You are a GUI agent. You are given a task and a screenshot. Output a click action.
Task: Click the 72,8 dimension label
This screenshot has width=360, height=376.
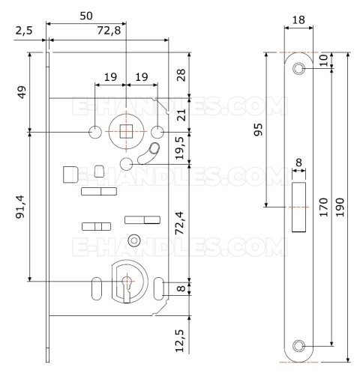[109, 31]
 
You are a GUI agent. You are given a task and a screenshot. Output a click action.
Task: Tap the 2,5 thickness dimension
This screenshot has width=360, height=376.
[24, 31]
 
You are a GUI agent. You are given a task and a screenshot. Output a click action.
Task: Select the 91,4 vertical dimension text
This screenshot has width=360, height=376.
[20, 207]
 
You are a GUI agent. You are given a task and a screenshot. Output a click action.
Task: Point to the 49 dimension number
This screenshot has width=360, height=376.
[22, 92]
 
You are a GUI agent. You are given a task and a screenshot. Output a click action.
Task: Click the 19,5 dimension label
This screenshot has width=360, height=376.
[180, 148]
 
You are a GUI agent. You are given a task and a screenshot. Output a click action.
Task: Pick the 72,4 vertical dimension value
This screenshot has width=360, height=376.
[180, 223]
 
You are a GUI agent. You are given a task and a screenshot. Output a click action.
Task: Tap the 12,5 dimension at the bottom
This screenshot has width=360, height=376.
[180, 341]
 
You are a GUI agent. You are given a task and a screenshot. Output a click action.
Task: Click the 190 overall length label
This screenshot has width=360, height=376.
[340, 207]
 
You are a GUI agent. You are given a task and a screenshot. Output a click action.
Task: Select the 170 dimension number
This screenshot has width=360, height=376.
[323, 207]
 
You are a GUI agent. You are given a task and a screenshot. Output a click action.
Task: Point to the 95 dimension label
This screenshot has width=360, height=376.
[258, 130]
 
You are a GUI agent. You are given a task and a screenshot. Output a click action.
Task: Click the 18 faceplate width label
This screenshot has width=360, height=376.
[298, 20]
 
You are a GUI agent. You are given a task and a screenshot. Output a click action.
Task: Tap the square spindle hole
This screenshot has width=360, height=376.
[126, 132]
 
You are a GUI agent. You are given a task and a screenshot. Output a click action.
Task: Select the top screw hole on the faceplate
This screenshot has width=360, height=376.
[298, 68]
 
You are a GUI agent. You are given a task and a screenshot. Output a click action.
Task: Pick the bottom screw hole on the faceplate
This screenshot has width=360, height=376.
[298, 347]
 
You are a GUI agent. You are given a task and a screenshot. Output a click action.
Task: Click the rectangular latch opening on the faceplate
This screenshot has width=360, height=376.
[298, 207]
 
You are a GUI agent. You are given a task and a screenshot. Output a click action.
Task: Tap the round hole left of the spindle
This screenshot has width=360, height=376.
[95, 132]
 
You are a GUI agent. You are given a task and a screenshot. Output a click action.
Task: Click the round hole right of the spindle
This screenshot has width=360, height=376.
[157, 132]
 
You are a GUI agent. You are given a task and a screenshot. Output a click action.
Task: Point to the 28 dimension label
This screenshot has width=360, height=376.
[181, 75]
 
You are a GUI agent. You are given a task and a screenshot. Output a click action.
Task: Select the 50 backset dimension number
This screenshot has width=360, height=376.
[86, 16]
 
